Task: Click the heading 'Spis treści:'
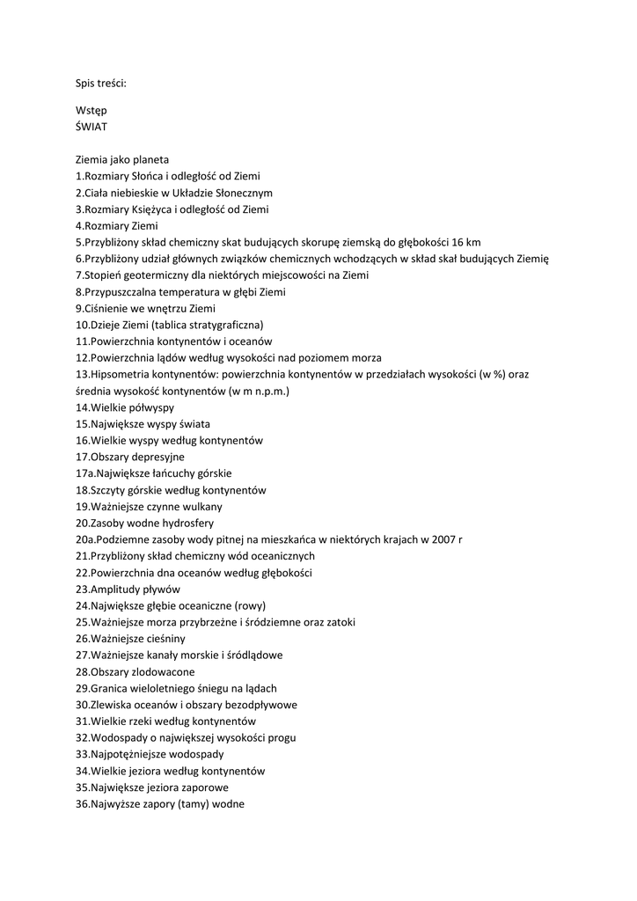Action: [x=101, y=84]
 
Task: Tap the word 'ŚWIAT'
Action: [x=92, y=127]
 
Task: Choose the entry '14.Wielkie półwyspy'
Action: [x=124, y=407]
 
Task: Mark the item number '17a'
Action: [x=85, y=473]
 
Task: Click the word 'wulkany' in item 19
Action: [x=202, y=506]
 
